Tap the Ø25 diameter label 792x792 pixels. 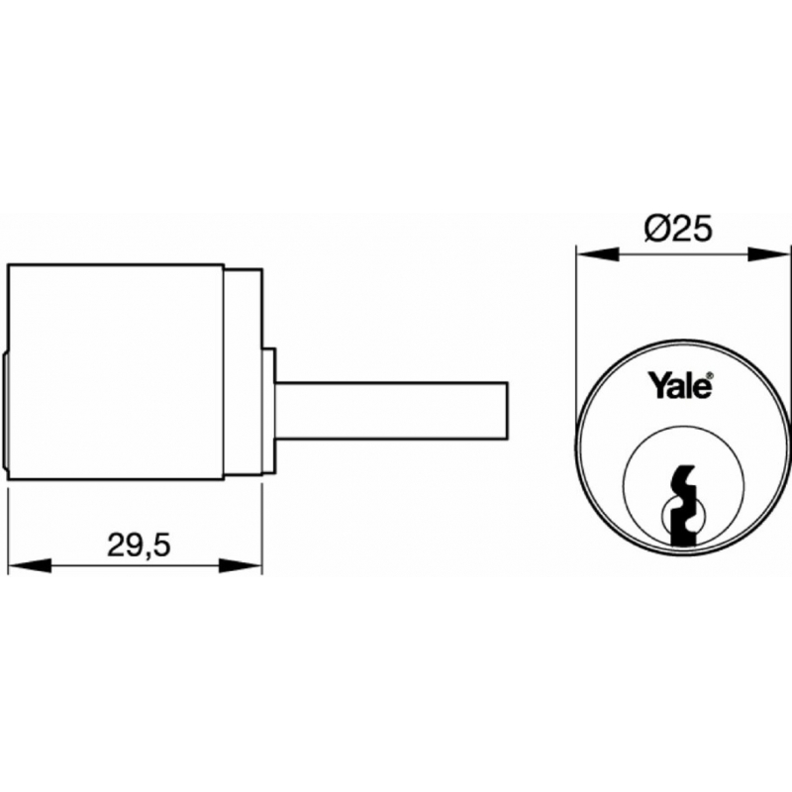point(678,228)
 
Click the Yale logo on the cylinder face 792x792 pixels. point(680,386)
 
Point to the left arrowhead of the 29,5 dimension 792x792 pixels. point(31,565)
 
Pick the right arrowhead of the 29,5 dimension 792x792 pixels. point(241,565)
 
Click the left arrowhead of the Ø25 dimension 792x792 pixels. point(598,254)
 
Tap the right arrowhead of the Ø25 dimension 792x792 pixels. point(768,254)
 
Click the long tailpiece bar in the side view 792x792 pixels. point(391,411)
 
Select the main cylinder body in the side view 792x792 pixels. point(116,372)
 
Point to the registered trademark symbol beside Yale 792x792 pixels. point(710,376)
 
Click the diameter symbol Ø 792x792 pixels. point(656,228)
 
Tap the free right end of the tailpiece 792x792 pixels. point(507,411)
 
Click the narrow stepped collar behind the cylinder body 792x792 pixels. point(243,372)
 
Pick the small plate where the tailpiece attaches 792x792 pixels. point(268,411)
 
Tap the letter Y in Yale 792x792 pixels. point(658,385)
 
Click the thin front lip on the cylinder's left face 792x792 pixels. point(6,411)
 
